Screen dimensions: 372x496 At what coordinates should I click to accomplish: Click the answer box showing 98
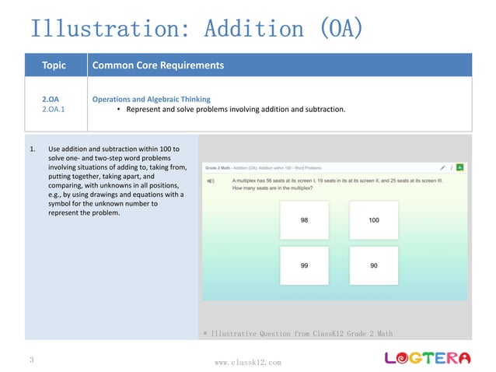(304, 220)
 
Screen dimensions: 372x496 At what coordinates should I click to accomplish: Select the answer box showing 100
(373, 220)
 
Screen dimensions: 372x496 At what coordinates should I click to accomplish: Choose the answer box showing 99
(304, 265)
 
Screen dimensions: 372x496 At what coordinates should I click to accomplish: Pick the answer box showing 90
(373, 265)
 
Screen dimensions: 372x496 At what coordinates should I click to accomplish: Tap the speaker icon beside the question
(211, 181)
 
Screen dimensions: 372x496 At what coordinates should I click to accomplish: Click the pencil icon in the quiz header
(442, 167)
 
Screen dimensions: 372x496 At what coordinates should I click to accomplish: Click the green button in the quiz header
(459, 167)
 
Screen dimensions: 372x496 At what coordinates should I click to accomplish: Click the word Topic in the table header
(54, 65)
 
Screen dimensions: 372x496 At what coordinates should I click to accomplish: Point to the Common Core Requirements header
(158, 65)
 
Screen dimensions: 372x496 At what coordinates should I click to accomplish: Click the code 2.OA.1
(54, 110)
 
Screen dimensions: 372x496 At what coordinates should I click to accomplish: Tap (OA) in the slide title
(341, 30)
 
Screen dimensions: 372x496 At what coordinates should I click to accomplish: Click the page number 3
(32, 360)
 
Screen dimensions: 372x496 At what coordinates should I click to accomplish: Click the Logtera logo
(428, 357)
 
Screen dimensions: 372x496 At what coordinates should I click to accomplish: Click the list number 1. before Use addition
(33, 148)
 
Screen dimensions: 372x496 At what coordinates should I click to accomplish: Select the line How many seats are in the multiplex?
(277, 188)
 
